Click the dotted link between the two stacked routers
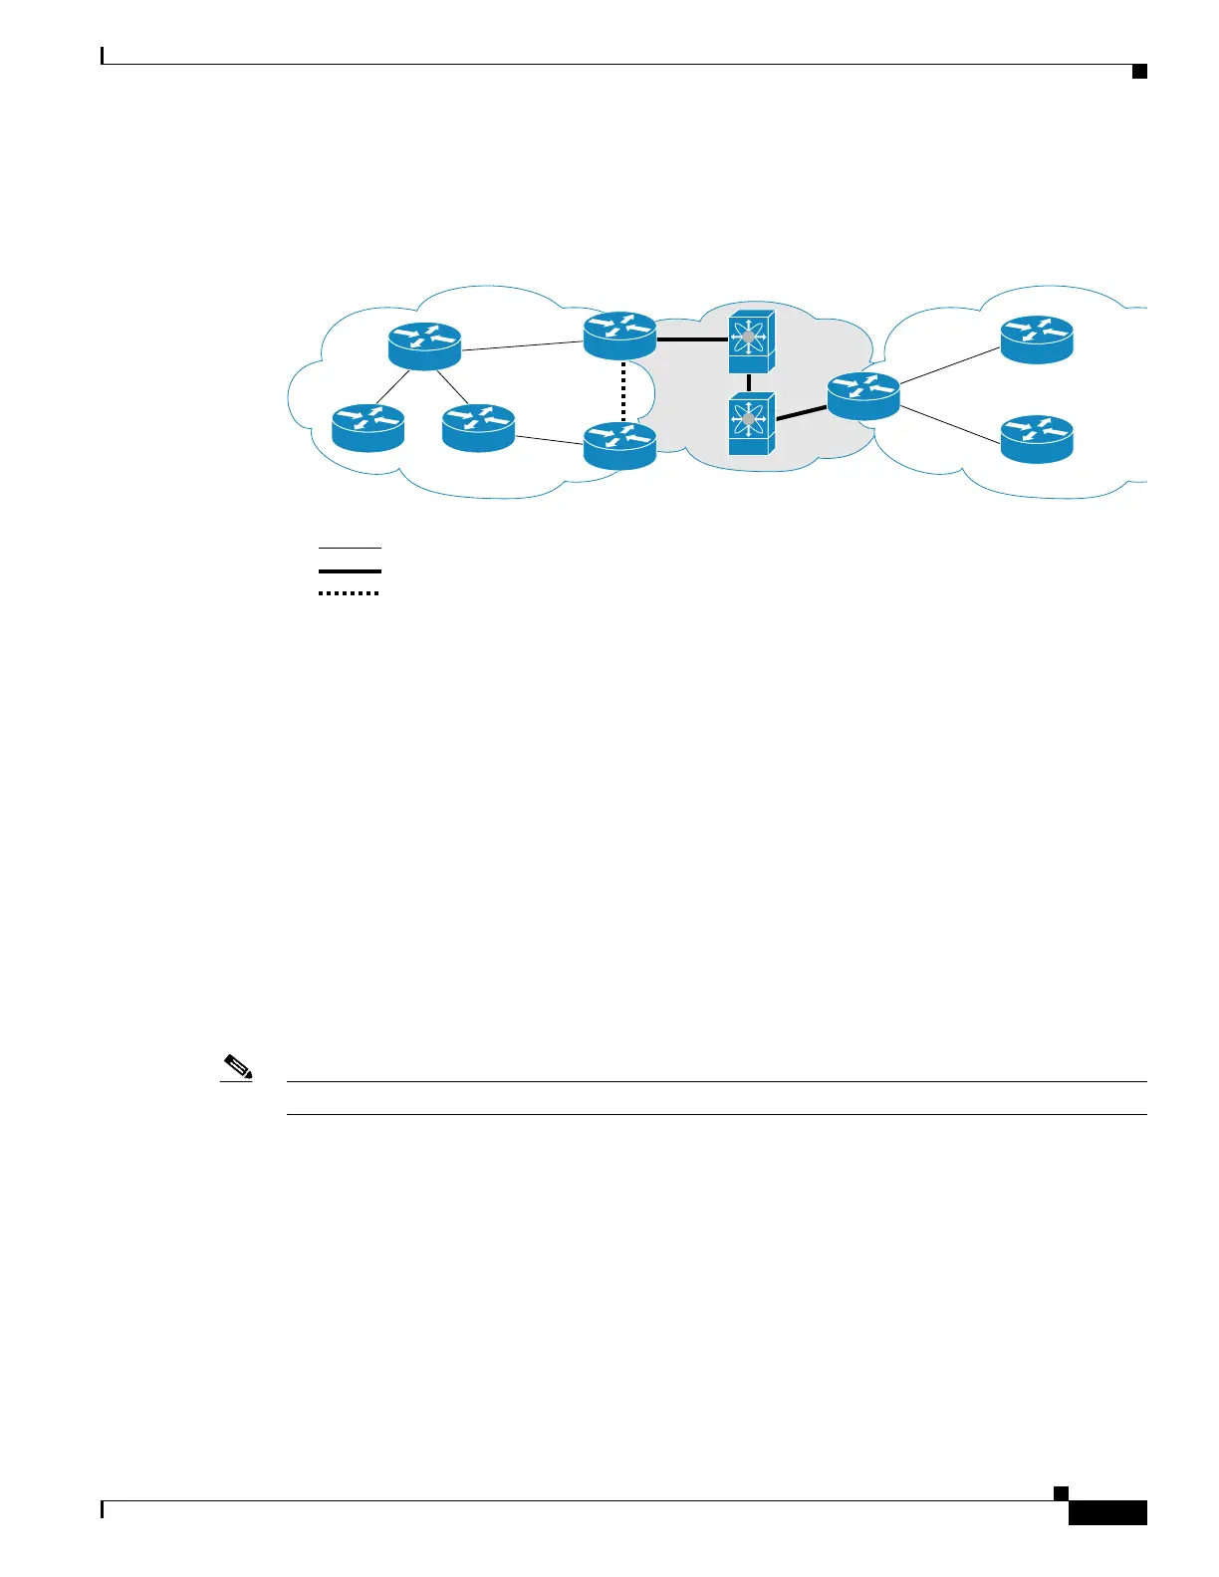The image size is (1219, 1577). [x=622, y=391]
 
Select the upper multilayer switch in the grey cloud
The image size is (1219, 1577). [x=749, y=338]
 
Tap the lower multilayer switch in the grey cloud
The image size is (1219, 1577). [x=749, y=423]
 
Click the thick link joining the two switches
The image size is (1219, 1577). [x=749, y=381]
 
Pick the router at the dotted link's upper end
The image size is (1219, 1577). [x=619, y=336]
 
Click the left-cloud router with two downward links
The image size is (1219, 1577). [x=425, y=345]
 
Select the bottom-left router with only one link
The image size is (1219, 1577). [x=368, y=427]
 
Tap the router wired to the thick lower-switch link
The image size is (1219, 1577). [x=863, y=395]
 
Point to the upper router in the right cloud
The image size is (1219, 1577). [x=1037, y=338]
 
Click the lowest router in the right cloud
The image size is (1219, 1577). [x=1037, y=439]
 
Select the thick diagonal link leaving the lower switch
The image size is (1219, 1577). [x=801, y=413]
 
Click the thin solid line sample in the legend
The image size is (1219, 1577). [x=350, y=548]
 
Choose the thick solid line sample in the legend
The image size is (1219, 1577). [x=350, y=570]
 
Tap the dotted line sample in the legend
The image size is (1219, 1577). [x=350, y=593]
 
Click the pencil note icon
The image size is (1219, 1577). [x=237, y=1071]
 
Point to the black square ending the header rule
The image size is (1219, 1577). [x=1139, y=71]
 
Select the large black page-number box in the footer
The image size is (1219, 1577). [x=1107, y=1512]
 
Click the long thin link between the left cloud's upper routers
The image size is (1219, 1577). [x=522, y=345]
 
